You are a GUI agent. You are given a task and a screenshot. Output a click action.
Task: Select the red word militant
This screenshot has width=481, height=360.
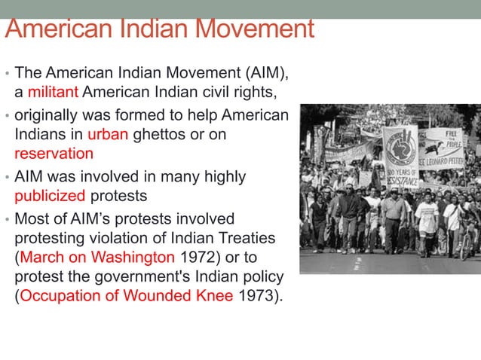coord(53,93)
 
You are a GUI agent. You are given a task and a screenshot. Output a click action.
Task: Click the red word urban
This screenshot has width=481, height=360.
coord(108,135)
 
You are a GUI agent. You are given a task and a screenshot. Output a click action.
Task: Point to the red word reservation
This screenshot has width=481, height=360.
coord(54,154)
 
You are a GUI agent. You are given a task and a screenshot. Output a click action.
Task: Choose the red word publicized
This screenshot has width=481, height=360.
coord(50,197)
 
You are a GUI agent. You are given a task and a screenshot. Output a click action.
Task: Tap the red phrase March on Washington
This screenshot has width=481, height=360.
coord(97,257)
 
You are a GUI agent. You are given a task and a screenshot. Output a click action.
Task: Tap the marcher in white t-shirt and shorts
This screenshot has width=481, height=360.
coord(426,218)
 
